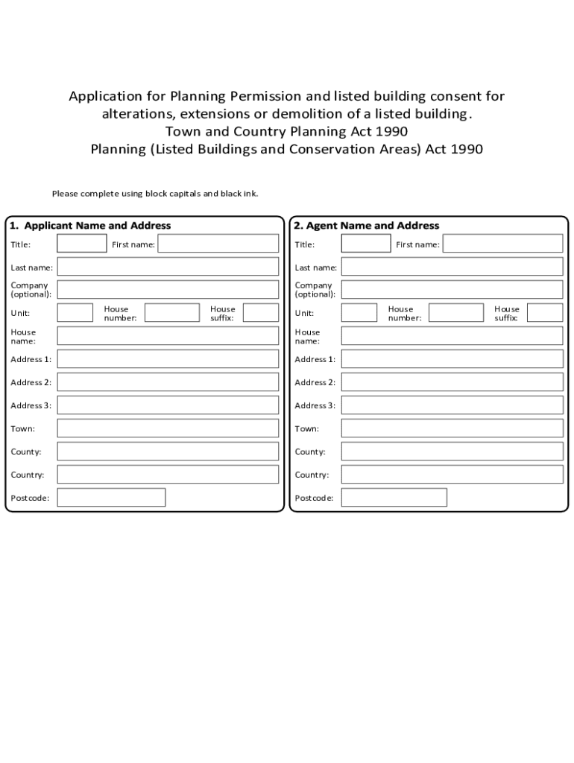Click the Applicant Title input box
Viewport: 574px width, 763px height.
[x=82, y=244]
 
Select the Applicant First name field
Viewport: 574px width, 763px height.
[x=218, y=244]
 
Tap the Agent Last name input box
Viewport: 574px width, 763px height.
[x=452, y=267]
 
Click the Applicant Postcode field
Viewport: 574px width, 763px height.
[x=111, y=498]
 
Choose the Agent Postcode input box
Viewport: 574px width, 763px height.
[x=394, y=498]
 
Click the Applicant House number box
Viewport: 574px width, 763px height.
[x=171, y=313]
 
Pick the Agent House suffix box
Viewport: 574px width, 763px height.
[x=545, y=313]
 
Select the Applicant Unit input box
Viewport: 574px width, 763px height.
[x=75, y=313]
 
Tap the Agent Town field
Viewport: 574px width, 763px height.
[x=452, y=428]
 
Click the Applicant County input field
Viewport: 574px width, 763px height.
[x=168, y=452]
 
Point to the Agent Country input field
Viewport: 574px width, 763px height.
[x=452, y=475]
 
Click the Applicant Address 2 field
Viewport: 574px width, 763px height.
[x=168, y=382]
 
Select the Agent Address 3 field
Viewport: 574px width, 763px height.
[x=452, y=405]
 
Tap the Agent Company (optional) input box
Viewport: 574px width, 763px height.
[x=452, y=290]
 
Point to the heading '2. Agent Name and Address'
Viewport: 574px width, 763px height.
[x=367, y=226]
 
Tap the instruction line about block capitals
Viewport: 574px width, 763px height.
[x=155, y=194]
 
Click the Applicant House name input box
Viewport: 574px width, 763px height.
[x=168, y=336]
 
